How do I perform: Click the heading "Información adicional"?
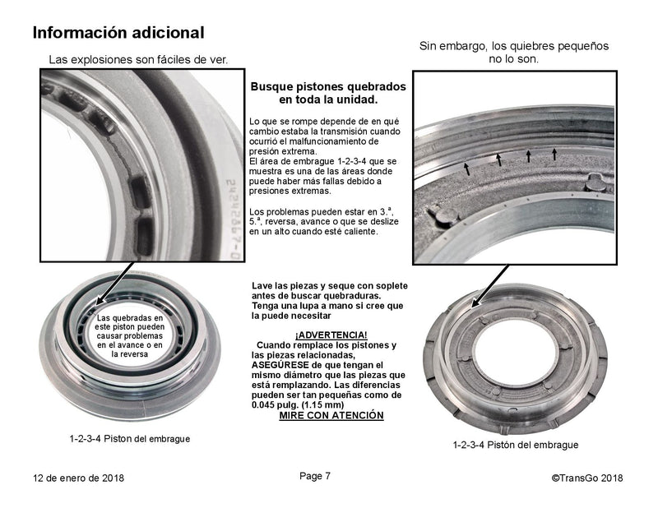118,33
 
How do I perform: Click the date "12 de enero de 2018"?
79,477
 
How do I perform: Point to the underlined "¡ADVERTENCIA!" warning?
331,335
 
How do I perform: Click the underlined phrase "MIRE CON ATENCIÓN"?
331,416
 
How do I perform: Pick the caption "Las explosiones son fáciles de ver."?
138,59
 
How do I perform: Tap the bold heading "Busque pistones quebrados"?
327,86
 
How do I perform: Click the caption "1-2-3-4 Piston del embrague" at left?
130,439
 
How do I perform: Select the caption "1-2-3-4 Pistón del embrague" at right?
515,445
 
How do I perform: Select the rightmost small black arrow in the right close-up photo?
554,153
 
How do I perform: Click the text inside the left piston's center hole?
130,335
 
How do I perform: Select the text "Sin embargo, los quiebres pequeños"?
514,46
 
